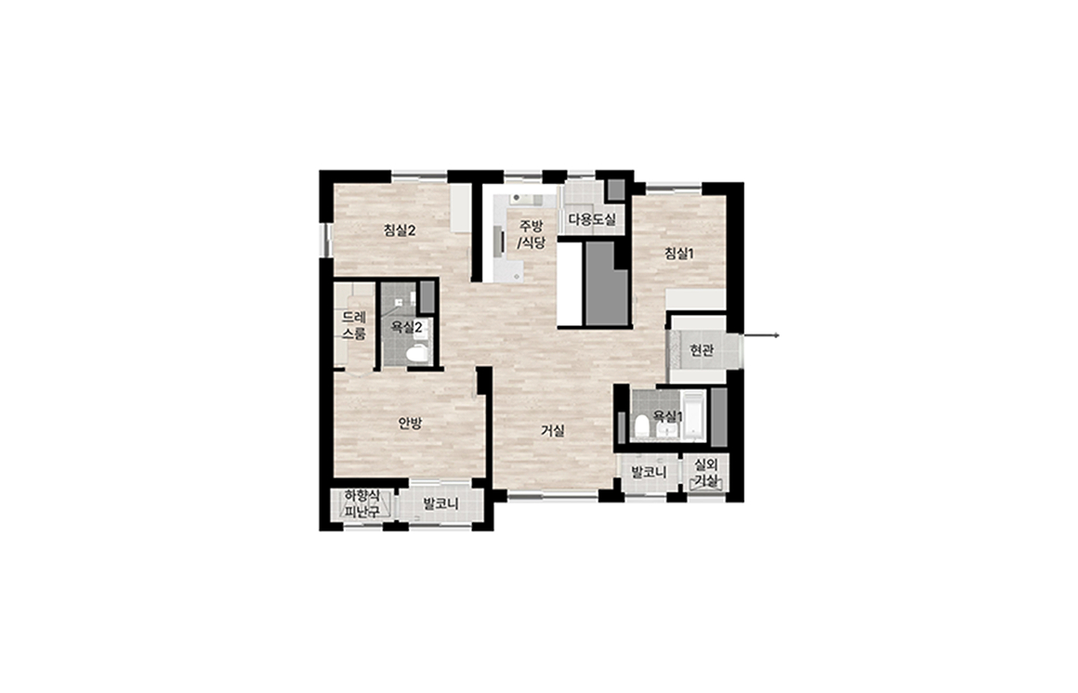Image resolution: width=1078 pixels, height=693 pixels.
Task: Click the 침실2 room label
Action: (400, 231)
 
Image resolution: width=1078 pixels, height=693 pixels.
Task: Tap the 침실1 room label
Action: (679, 254)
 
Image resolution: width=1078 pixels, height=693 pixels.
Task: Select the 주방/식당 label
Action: (531, 234)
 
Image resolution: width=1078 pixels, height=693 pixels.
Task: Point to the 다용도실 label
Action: (592, 221)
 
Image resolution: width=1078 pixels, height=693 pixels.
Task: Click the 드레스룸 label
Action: (355, 326)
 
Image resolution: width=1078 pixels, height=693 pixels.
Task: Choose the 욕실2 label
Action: (406, 328)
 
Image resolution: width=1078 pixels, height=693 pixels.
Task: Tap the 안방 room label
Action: (410, 424)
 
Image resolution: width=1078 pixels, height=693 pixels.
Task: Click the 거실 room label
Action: (553, 431)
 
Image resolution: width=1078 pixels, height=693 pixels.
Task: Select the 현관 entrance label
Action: (702, 350)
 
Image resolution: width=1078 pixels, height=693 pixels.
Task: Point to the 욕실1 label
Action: (667, 416)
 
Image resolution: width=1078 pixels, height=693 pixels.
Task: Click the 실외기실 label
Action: (707, 473)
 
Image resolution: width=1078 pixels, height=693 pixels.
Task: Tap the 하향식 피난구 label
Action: (362, 503)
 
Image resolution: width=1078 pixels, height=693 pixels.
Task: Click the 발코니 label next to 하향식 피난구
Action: (440, 504)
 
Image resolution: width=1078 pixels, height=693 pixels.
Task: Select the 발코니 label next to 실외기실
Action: (649, 473)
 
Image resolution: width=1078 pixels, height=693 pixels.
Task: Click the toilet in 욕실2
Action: (417, 354)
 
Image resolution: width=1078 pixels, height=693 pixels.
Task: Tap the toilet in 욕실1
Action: (641, 426)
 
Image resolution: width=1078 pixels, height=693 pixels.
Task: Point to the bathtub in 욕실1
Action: (694, 414)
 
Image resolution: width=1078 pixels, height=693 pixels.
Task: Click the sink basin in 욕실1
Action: (665, 430)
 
